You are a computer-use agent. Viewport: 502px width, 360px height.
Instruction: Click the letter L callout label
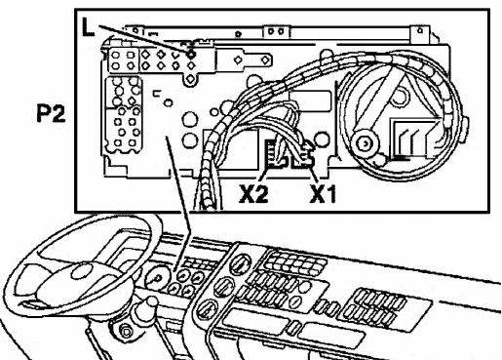(x=88, y=27)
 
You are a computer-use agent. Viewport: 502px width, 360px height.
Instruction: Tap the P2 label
(x=51, y=113)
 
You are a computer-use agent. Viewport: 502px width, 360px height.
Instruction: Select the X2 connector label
(x=253, y=194)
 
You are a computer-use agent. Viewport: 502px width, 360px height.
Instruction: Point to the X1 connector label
(x=323, y=194)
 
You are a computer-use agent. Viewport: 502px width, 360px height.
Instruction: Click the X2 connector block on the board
(x=274, y=153)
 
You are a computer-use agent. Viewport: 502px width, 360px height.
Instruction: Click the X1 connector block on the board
(x=305, y=154)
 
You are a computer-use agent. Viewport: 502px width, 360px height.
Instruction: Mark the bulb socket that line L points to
(x=191, y=55)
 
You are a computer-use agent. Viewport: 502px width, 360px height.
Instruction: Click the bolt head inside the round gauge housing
(x=366, y=143)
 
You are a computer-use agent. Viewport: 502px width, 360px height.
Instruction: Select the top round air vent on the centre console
(x=242, y=263)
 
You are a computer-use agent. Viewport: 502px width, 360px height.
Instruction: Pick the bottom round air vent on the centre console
(x=207, y=309)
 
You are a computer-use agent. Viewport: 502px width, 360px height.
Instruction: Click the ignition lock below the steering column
(x=127, y=332)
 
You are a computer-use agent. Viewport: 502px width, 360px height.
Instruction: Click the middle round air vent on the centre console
(x=224, y=287)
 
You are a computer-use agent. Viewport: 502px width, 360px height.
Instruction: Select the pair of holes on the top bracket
(x=276, y=32)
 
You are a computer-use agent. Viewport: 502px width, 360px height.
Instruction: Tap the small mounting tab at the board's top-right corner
(x=420, y=34)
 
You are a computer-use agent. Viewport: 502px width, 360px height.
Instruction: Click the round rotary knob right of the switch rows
(x=304, y=287)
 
